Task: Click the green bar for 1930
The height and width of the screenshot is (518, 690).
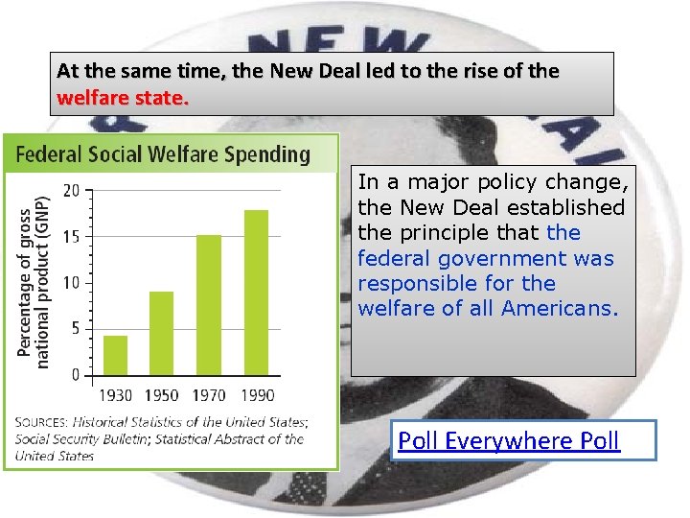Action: (115, 354)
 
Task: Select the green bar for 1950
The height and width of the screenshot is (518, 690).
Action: (161, 332)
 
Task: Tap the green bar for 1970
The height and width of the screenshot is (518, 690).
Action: (209, 304)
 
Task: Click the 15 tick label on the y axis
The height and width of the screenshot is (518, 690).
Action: (72, 236)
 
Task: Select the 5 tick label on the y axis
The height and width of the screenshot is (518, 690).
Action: (75, 328)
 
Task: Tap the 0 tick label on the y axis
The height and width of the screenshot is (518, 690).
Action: (75, 374)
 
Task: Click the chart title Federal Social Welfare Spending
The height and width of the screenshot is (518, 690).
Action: (162, 153)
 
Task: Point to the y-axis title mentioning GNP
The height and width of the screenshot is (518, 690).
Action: (33, 282)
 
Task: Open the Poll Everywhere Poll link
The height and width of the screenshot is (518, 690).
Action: (509, 440)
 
